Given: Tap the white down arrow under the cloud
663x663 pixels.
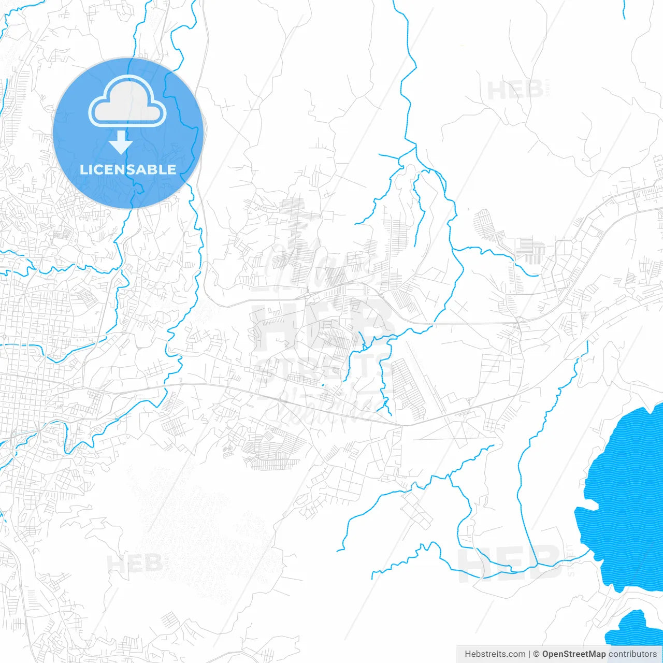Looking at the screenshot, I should (121, 142).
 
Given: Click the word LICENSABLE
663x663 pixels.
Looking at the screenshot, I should (128, 169).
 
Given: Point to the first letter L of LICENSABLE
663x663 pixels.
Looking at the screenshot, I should (83, 169).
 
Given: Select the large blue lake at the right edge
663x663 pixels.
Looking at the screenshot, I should (627, 497).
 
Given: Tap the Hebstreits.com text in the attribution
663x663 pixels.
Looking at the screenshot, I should (495, 654).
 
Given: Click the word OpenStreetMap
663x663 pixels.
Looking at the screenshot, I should (573, 654).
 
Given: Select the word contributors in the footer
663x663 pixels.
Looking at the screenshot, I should (632, 654).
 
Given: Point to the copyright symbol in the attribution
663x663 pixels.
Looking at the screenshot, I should (536, 654).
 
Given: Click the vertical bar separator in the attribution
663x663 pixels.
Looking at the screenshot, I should (529, 654).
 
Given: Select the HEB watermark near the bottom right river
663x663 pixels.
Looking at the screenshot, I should (510, 562).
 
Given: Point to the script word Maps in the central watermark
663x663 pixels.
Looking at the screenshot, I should (321, 264).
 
